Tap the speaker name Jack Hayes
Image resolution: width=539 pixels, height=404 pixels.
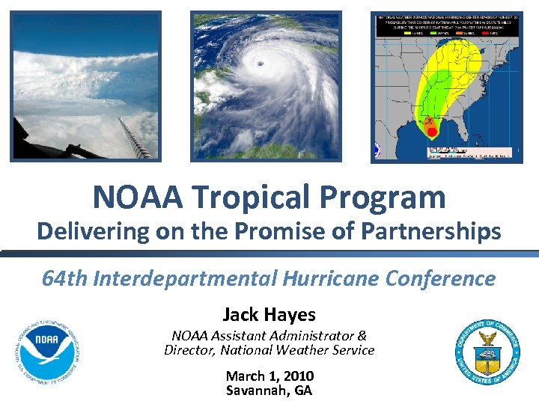click(269, 315)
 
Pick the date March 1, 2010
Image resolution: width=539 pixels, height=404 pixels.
click(269, 376)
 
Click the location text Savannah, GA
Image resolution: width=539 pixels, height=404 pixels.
click(269, 391)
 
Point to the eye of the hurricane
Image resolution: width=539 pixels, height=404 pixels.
click(260, 63)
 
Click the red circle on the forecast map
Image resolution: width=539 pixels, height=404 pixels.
click(431, 132)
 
